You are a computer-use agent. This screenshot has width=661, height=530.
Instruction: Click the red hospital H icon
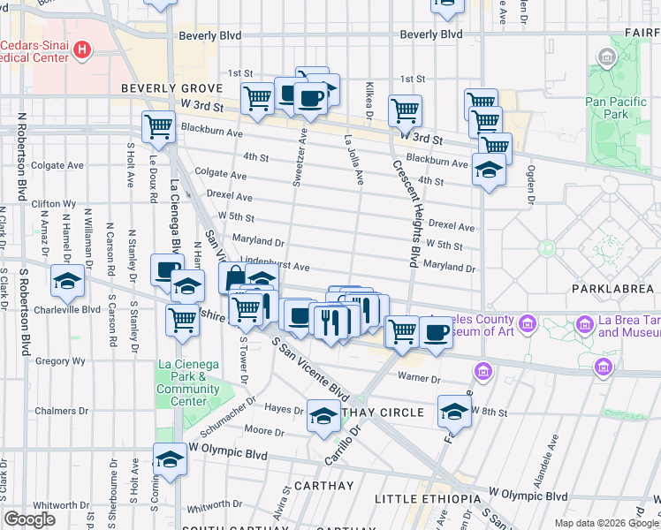tap(82, 49)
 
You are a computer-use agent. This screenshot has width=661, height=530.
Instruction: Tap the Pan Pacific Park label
tap(619, 108)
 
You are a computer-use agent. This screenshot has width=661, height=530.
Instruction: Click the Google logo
tap(29, 519)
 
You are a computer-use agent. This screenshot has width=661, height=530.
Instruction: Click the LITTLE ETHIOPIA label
tap(427, 499)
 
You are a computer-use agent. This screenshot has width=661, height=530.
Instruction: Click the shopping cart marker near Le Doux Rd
tap(158, 127)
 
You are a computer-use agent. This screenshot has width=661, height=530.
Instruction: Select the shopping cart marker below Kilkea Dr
tap(405, 111)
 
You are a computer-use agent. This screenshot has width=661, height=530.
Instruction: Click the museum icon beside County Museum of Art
tap(528, 324)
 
